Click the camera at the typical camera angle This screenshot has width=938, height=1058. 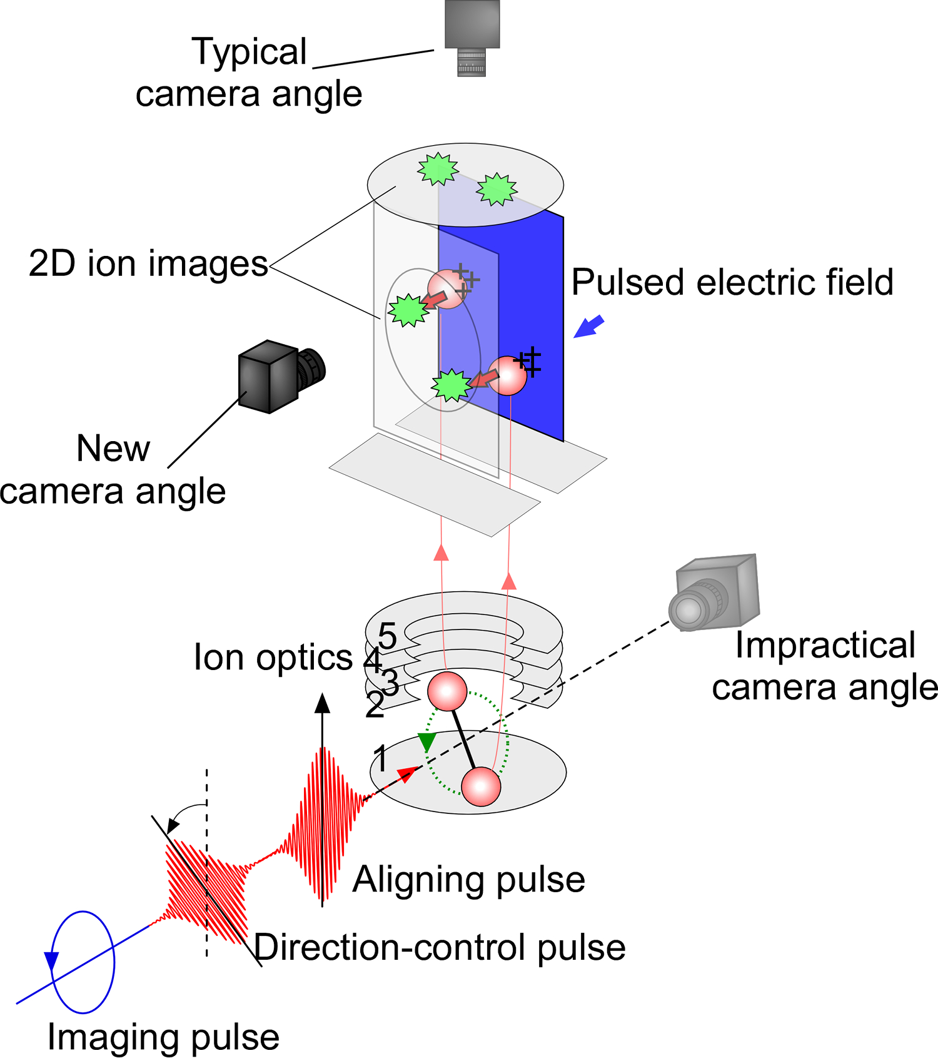pos(472,38)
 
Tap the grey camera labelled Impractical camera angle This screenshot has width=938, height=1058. pos(714,593)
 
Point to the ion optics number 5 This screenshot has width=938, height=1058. pos(387,636)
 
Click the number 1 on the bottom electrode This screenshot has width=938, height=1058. pos(380,758)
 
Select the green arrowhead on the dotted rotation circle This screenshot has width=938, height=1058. pos(426,742)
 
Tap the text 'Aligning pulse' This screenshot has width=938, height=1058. pos(469,880)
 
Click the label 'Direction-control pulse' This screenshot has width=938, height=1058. pos(440,947)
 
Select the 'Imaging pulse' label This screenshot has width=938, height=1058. pos(163,1038)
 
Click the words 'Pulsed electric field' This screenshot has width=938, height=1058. pos(732,282)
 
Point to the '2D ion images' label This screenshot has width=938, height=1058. pos(148,263)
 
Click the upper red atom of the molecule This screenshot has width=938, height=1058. pos(447,691)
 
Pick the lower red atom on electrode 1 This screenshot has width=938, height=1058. pos(481,787)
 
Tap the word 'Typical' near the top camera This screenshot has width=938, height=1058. pos(250,52)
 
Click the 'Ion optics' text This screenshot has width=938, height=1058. pos(273,658)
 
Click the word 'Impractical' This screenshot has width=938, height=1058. pos(825,645)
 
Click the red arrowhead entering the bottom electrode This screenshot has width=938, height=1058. pos(408,775)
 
